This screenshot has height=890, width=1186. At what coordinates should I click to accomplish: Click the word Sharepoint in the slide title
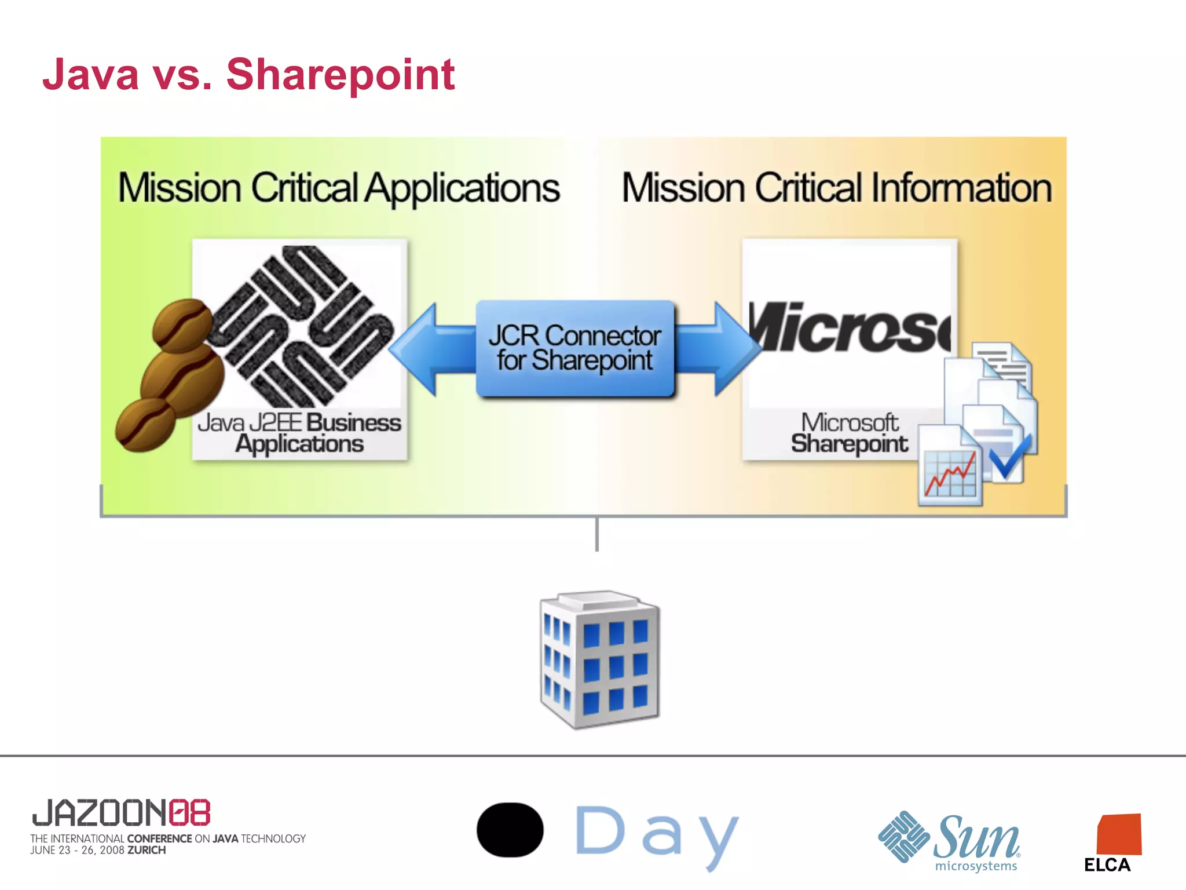[x=340, y=75]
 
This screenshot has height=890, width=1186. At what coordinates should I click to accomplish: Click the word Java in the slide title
[x=91, y=75]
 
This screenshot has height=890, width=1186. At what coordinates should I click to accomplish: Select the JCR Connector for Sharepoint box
[x=575, y=348]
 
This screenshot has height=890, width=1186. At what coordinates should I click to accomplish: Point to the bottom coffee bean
[x=145, y=425]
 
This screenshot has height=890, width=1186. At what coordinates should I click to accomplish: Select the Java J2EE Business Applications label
[x=299, y=433]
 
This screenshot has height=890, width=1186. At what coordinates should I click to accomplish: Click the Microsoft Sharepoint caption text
[x=849, y=433]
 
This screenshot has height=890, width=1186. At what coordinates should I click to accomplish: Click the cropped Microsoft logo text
[x=849, y=328]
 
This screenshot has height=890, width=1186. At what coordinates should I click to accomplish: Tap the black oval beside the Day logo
[x=510, y=830]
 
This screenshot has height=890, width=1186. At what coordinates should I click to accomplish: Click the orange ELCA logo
[x=1119, y=834]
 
